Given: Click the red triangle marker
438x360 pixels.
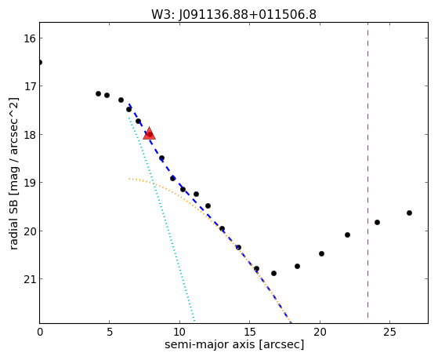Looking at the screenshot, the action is [x=149, y=133].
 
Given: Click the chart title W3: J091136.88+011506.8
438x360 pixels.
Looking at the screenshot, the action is [x=233, y=15].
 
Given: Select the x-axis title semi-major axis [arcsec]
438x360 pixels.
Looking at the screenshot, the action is [x=234, y=344].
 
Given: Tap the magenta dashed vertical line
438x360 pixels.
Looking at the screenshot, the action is [x=367, y=170].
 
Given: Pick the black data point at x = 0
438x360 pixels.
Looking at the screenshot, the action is [x=40, y=62].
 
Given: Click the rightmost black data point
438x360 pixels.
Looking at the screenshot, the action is [x=409, y=213].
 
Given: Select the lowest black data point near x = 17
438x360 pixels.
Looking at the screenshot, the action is [x=273, y=273].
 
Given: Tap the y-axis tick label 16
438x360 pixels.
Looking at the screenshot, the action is [x=30, y=38].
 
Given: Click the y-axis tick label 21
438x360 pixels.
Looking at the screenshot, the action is [x=30, y=279].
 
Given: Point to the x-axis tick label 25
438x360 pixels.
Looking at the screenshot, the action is [x=389, y=332].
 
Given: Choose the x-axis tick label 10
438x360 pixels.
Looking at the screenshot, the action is [x=179, y=332].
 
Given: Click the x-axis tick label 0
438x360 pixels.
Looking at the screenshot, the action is [x=40, y=332].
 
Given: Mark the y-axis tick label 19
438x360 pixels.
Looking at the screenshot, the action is [x=30, y=183].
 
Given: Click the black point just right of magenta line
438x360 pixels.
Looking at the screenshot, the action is [x=377, y=223].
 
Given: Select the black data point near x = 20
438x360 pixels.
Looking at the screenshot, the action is [x=321, y=253].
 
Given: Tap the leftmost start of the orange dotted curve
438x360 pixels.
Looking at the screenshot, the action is [x=129, y=179].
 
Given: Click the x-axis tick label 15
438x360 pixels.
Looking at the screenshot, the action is [x=249, y=332].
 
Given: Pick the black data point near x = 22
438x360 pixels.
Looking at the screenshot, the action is [x=347, y=235].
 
